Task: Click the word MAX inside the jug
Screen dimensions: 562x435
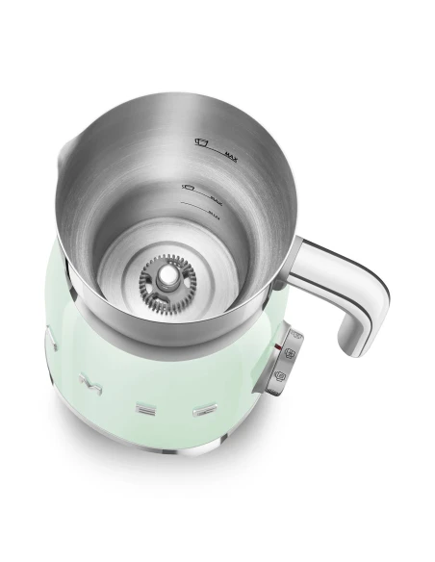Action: tap(230, 152)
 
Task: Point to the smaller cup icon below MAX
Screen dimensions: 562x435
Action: tap(188, 182)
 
